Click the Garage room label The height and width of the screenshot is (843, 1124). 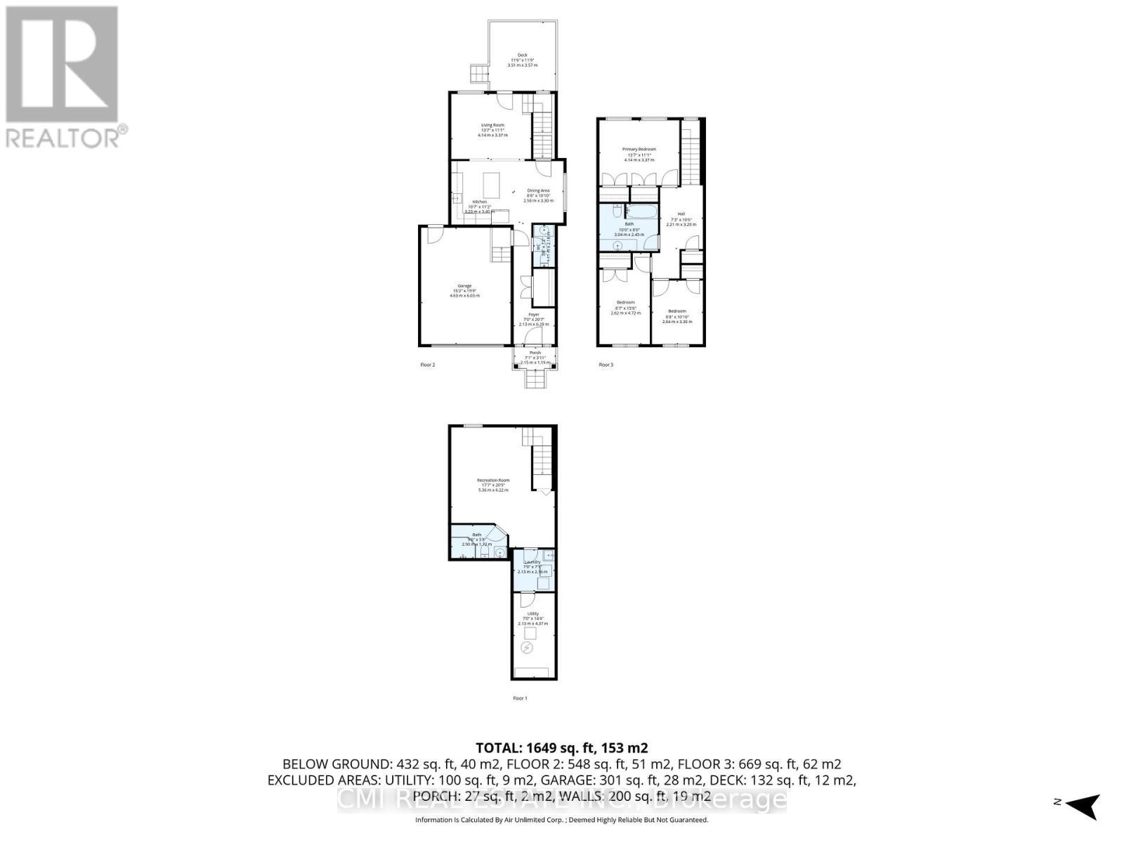[464, 286]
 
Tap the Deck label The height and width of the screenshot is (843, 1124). [522, 55]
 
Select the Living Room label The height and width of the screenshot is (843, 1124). [492, 125]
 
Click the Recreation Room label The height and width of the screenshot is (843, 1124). [492, 481]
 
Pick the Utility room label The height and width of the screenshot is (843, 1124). [532, 614]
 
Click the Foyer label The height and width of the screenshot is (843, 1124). [534, 315]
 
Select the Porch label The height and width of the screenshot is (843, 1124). [535, 353]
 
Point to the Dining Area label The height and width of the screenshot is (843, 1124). [539, 191]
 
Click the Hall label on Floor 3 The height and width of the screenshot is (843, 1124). [681, 214]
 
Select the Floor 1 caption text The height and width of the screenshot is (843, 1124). [520, 698]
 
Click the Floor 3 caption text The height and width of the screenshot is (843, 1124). [606, 365]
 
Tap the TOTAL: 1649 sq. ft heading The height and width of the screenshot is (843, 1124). [561, 747]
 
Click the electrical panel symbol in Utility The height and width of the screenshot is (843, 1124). [527, 648]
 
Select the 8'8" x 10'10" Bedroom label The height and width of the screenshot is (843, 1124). [677, 311]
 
